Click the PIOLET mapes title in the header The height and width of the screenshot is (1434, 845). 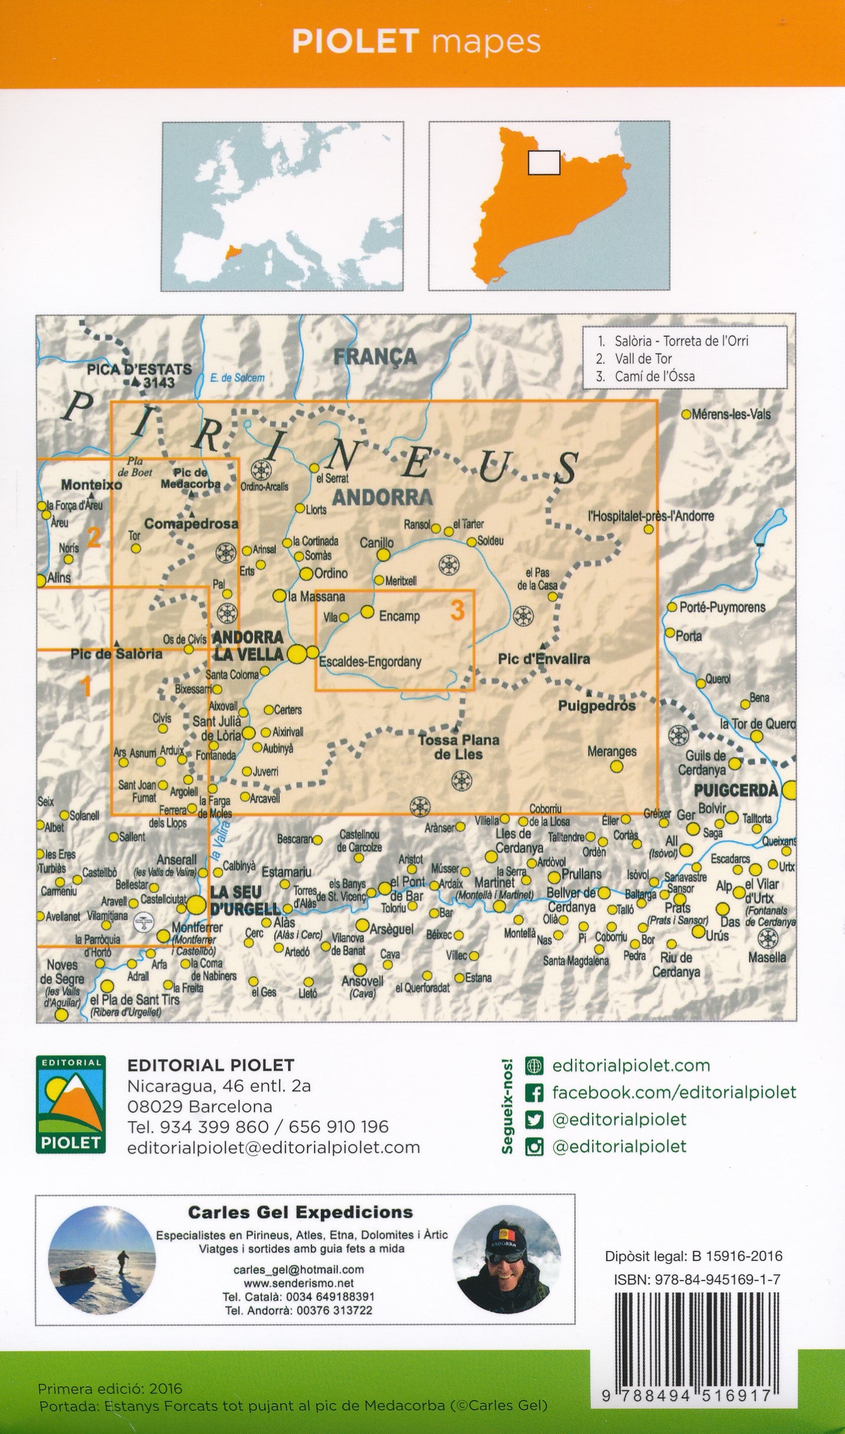[x=416, y=42]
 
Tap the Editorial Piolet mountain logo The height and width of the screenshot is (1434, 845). [x=71, y=1104]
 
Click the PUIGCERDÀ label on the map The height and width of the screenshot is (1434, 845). [x=735, y=790]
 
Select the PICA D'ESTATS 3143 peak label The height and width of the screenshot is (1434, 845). [x=139, y=376]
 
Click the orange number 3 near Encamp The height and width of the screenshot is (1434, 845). [x=457, y=610]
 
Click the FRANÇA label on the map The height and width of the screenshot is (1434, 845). [x=375, y=356]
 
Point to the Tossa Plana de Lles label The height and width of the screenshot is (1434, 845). [x=458, y=747]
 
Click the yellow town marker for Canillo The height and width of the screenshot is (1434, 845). [x=383, y=555]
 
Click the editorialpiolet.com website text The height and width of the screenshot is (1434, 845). [x=631, y=1065]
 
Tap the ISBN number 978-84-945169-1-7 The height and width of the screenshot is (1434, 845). [x=697, y=1279]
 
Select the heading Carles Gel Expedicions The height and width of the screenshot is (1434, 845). [x=300, y=1212]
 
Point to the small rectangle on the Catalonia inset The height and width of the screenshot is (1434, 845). [x=544, y=163]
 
